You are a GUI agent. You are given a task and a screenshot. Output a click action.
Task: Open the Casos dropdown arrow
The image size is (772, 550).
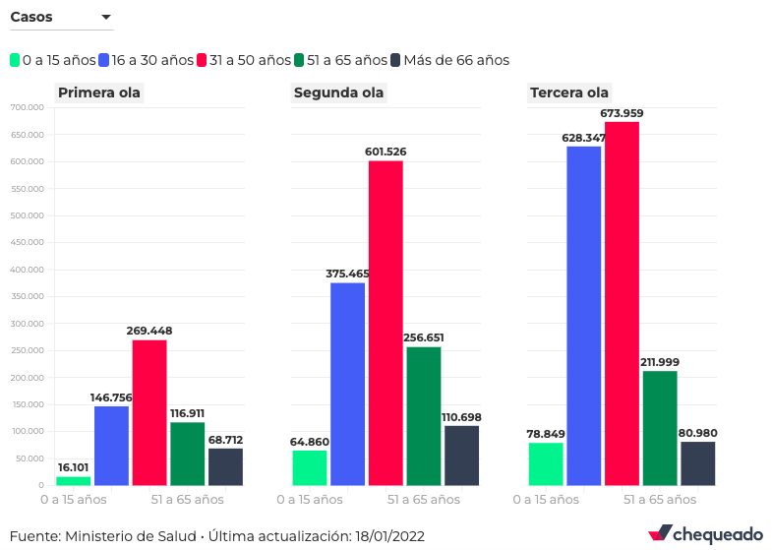coord(106,18)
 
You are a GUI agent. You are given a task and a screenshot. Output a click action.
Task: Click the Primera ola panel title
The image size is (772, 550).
coord(99,93)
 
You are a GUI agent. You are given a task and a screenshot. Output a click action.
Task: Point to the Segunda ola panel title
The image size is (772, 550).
coord(338,93)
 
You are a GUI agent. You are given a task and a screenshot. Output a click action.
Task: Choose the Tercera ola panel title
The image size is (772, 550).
coord(569,93)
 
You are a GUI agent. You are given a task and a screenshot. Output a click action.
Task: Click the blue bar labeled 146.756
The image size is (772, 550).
coord(111,445)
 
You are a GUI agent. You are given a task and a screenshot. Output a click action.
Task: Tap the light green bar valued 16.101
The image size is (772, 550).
coord(74,480)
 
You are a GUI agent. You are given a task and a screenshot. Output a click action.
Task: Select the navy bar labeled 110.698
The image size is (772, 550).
coord(461,455)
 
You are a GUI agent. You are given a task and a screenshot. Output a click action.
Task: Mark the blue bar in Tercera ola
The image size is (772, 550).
coord(584,315)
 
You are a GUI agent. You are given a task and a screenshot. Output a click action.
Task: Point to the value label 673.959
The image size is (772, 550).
coord(622,113)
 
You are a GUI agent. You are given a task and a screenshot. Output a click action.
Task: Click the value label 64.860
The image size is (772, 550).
coord(308,442)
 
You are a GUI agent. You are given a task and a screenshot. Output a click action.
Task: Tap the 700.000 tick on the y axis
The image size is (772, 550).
coord(27,107)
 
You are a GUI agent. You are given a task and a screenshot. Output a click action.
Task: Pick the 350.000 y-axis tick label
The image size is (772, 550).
coord(27,296)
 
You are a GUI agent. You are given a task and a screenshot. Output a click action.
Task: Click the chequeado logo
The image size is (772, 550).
coord(705,534)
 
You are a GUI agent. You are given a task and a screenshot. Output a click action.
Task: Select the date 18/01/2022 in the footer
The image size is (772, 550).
coord(392,536)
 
